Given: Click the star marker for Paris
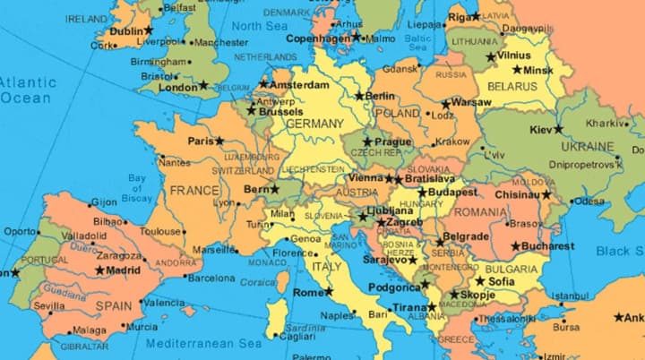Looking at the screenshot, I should click(219, 141).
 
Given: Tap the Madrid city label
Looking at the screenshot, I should click(124, 270).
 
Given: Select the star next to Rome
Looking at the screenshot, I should click(329, 291).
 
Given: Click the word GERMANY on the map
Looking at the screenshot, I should click(314, 123).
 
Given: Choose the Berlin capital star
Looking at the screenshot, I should click(360, 96).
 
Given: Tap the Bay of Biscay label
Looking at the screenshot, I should click(137, 185).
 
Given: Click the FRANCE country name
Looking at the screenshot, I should click(194, 191).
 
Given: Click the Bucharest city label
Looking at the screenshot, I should click(549, 245).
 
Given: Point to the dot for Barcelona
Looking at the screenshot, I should click(181, 278).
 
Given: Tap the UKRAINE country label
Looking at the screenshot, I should click(587, 146).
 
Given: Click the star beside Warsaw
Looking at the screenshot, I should click(446, 103).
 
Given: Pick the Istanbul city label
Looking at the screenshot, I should click(570, 296).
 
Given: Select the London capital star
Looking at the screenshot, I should click(204, 86).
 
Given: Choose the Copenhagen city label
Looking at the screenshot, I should click(318, 38).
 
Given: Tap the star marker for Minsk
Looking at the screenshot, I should click(518, 69).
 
